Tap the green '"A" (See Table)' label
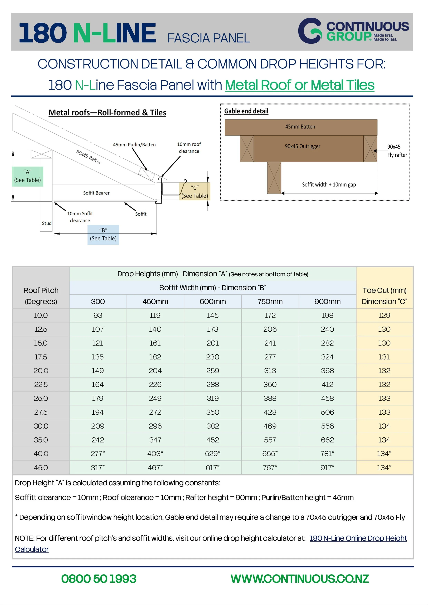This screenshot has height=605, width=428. pyautogui.click(x=27, y=176)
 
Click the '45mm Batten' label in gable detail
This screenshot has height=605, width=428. pyautogui.click(x=300, y=127)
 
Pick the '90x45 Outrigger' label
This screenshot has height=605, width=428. pyautogui.click(x=303, y=146)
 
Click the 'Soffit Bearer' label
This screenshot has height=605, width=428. pyautogui.click(x=96, y=193)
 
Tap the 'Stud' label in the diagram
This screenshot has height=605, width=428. pyautogui.click(x=47, y=223)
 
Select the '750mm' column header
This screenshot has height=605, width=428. pyautogui.click(x=270, y=301)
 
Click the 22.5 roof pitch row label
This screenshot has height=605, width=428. pyautogui.click(x=41, y=384)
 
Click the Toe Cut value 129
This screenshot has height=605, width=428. pyautogui.click(x=384, y=315)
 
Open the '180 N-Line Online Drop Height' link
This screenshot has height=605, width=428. pyautogui.click(x=358, y=538)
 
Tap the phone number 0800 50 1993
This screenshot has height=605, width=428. pyautogui.click(x=99, y=579)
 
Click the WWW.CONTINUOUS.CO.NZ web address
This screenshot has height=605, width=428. pyautogui.click(x=300, y=579)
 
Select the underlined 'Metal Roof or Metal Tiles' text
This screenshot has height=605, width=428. pyautogui.click(x=300, y=85)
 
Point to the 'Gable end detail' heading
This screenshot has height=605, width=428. pyautogui.click(x=246, y=111)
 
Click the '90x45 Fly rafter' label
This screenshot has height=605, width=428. pyautogui.click(x=397, y=151)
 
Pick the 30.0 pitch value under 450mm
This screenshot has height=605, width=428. pyautogui.click(x=155, y=426)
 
